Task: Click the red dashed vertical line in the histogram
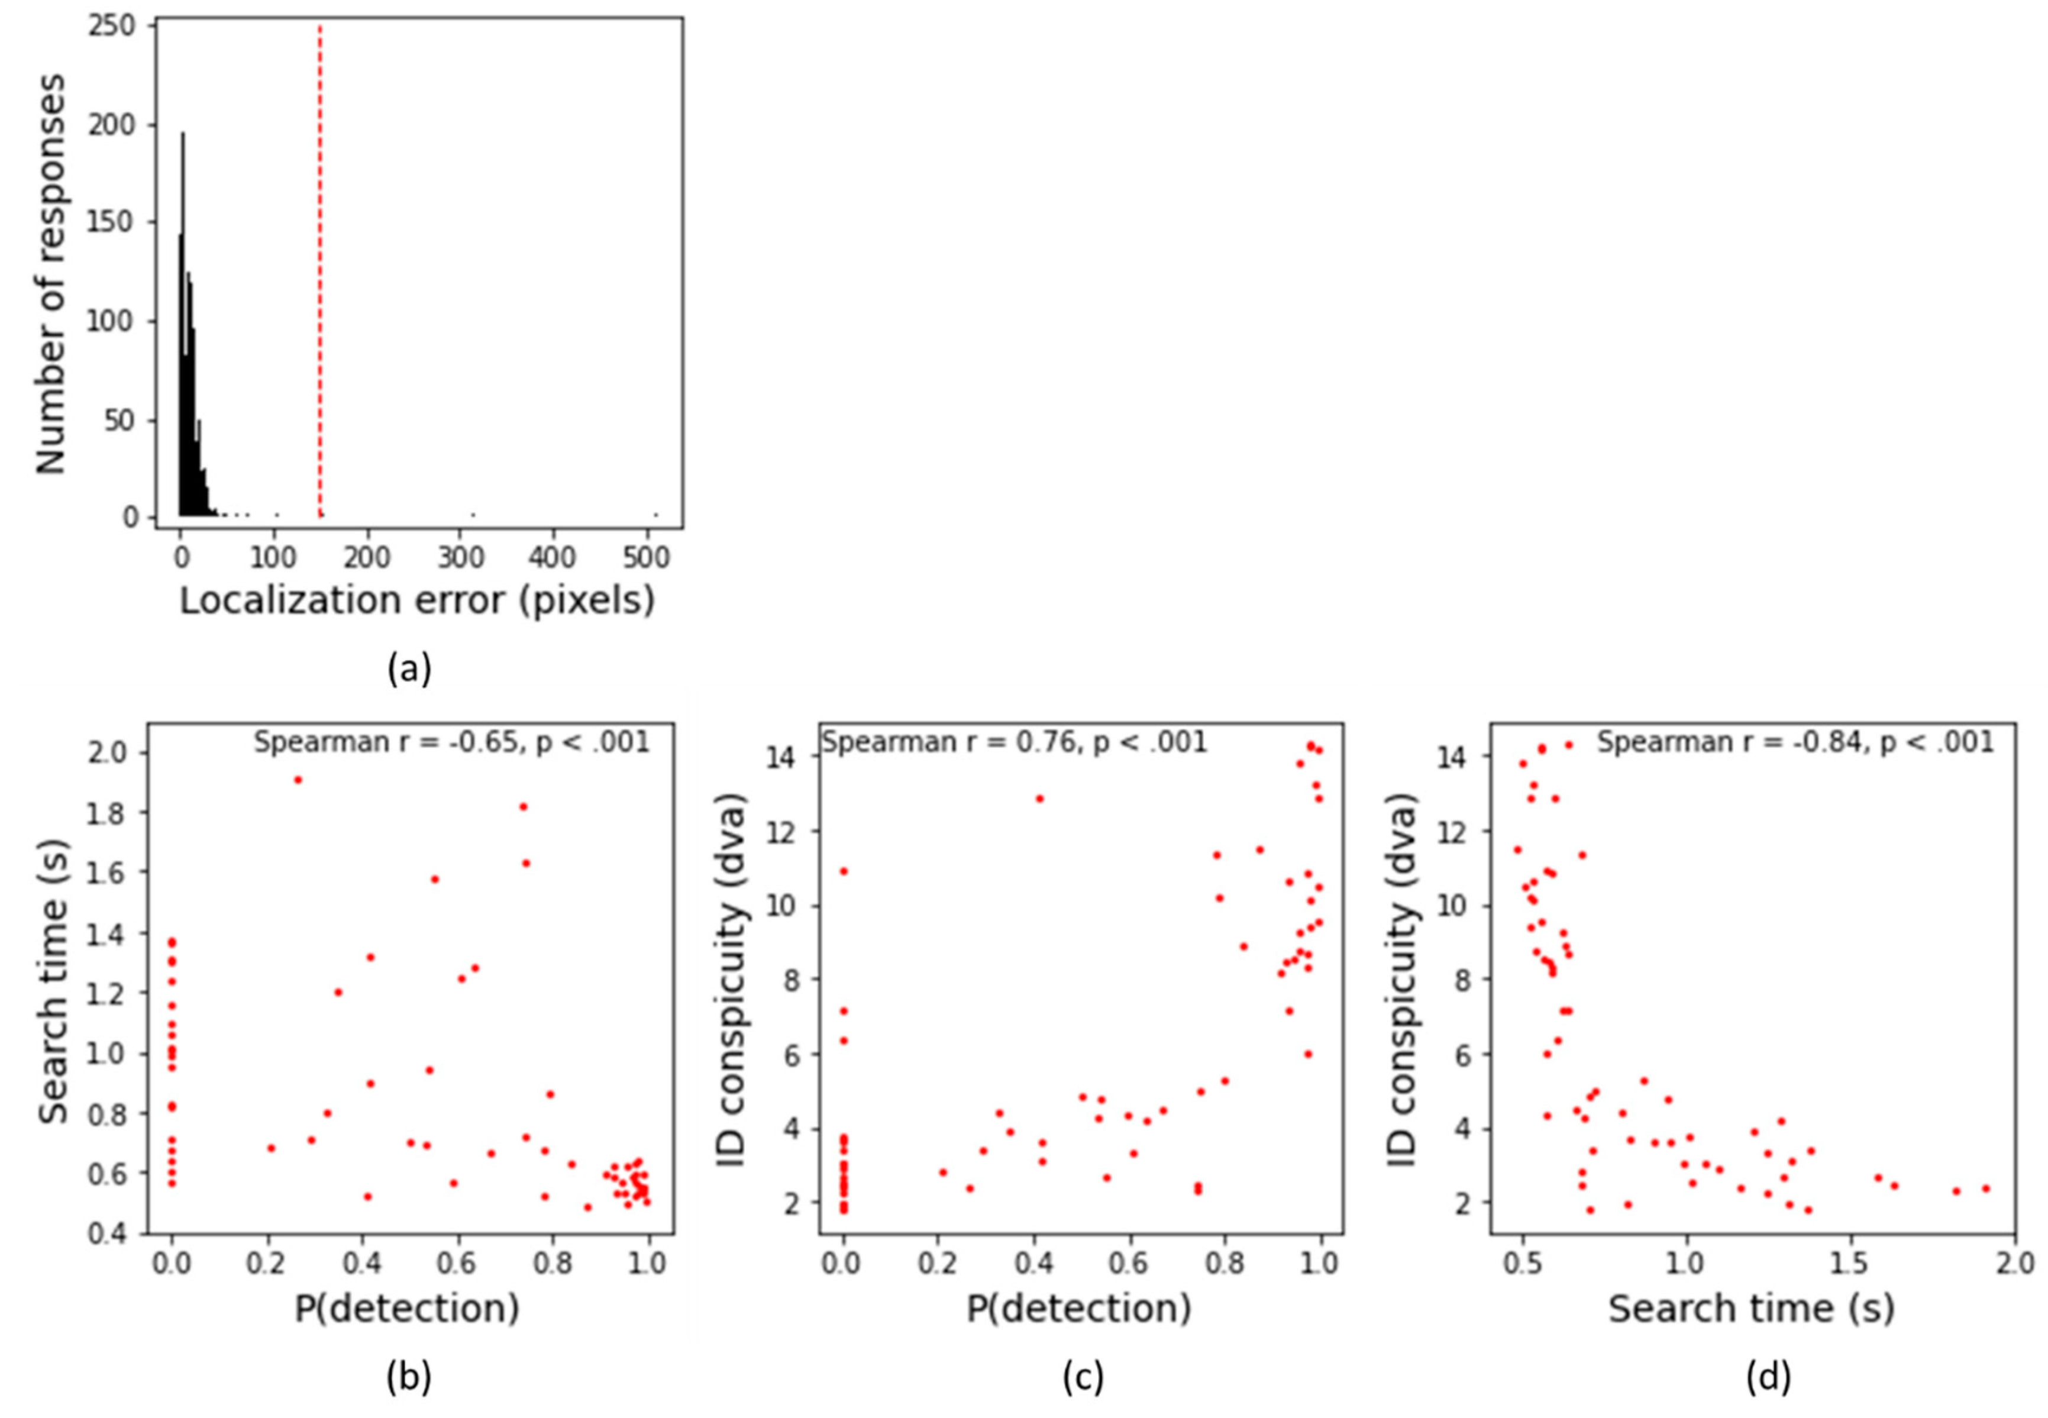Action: [319, 267]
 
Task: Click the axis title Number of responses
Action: [51, 274]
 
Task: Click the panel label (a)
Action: [409, 668]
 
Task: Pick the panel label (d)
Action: [1768, 1376]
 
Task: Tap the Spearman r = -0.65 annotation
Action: [451, 742]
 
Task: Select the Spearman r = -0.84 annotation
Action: [1795, 742]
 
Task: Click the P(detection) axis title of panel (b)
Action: [407, 1309]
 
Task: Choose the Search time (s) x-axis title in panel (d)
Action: [1751, 1309]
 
